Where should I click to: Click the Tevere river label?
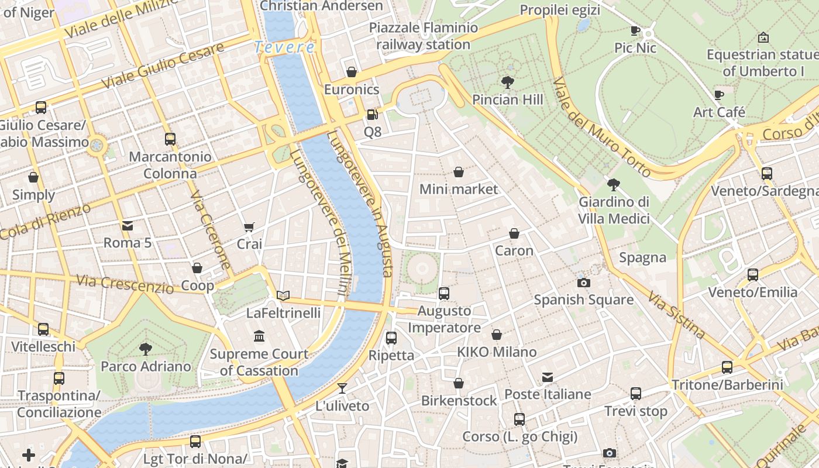[285, 47]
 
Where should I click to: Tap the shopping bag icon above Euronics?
[352, 72]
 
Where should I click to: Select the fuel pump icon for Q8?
[372, 115]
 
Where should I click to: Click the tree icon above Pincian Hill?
[507, 82]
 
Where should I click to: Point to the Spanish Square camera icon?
[583, 283]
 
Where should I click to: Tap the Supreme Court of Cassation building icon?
[259, 336]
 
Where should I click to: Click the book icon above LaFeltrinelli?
[283, 296]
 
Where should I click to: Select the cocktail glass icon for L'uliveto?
[342, 388]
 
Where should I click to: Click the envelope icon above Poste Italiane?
[548, 377]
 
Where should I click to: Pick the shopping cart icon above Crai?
[249, 227]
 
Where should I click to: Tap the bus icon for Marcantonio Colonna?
[170, 139]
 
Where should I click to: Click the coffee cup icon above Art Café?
[719, 95]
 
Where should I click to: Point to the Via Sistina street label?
[677, 315]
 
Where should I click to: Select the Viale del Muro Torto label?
[602, 127]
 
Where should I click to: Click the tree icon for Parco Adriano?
[146, 349]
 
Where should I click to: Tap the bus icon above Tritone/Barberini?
[727, 367]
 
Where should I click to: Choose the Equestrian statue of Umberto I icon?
[763, 37]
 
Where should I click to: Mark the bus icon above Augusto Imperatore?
[444, 294]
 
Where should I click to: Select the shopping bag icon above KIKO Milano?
[497, 335]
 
